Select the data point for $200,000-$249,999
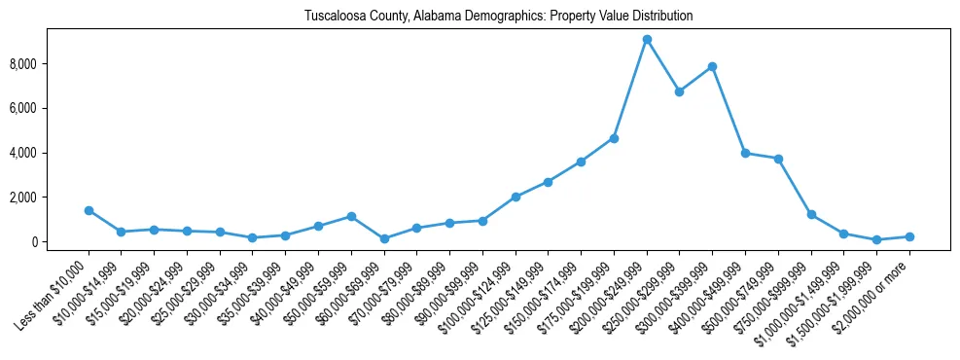coord(647,40)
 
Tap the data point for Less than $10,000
coord(89,210)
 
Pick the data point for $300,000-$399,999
coord(712,67)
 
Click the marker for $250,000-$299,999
coord(680,91)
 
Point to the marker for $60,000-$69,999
coord(384,238)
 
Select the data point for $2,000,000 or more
coord(909,236)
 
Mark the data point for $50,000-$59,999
coord(351,216)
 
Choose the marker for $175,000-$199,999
coord(614,138)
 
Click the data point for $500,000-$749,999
coord(778,159)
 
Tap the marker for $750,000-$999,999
coord(811,214)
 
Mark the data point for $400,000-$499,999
coord(745,153)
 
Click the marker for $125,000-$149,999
coord(549,182)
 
